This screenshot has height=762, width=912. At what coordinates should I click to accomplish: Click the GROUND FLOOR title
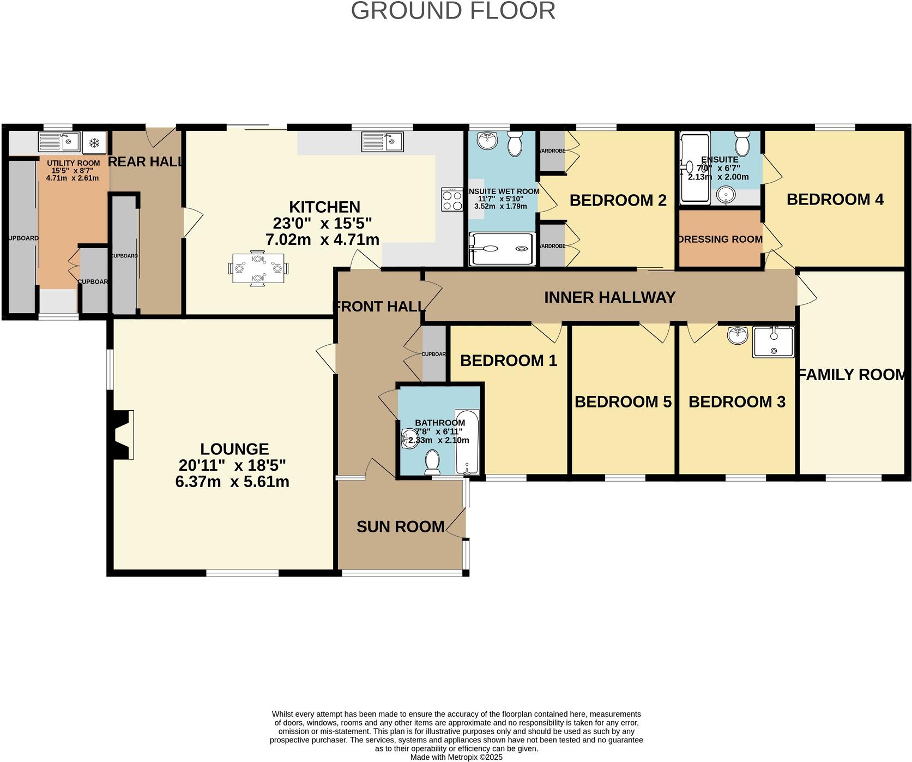point(453,11)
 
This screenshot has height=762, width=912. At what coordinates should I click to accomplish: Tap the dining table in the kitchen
point(258,268)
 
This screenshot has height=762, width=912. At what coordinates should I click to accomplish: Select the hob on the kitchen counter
point(452,199)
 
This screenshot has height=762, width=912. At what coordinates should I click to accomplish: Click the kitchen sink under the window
point(382,142)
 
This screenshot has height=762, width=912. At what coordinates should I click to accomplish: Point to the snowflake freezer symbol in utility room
point(94,143)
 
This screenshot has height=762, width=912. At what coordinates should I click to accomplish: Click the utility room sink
point(59,142)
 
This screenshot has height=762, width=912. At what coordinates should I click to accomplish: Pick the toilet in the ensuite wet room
point(514,144)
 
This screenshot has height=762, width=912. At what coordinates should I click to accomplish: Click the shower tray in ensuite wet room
point(502,249)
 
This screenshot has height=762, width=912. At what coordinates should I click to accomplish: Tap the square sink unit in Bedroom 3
point(773,342)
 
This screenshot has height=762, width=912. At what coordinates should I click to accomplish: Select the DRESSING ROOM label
point(720,239)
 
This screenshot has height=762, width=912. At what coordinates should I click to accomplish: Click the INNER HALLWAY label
point(609,297)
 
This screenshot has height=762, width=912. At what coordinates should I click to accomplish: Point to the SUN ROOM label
point(400,526)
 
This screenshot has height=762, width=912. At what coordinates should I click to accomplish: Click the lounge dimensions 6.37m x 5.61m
point(232,482)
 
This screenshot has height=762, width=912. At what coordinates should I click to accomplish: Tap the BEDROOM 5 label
point(623,402)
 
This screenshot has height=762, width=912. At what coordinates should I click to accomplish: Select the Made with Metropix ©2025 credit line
point(456,757)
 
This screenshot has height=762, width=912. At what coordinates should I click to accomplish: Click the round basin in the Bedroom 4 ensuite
point(725,195)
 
